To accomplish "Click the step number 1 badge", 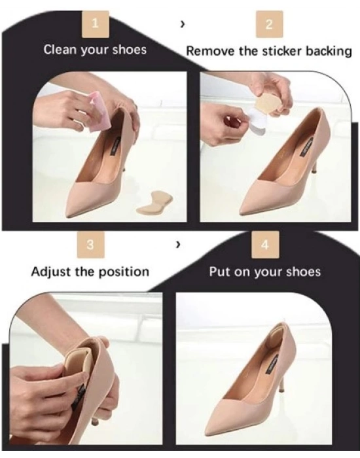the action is pyautogui.click(x=96, y=24).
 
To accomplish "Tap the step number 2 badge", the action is pyautogui.click(x=270, y=24).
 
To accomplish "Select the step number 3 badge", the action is pyautogui.click(x=90, y=245).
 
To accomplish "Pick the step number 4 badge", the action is pyautogui.click(x=265, y=245).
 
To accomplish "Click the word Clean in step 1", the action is pyautogui.click(x=60, y=49).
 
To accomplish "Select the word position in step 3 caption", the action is pyautogui.click(x=124, y=272).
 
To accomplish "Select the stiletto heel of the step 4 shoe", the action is pyautogui.click(x=283, y=375).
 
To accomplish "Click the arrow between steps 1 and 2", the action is pyautogui.click(x=183, y=25).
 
